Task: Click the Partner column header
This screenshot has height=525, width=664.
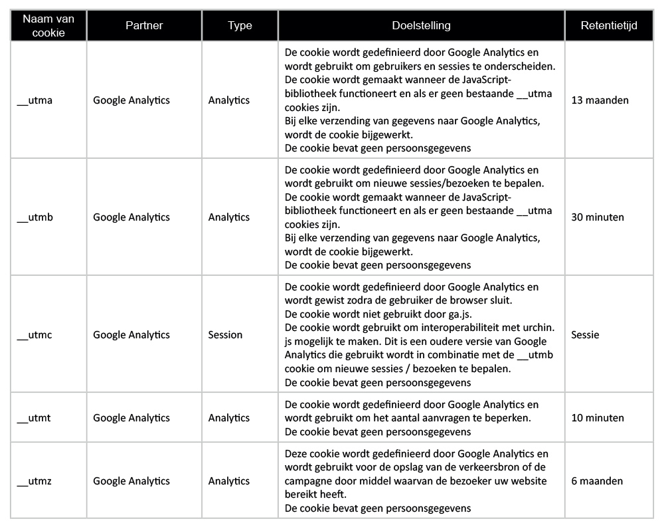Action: pyautogui.click(x=144, y=26)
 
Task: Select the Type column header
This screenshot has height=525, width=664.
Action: pyautogui.click(x=240, y=26)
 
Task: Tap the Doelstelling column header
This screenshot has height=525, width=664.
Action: pyautogui.click(x=421, y=26)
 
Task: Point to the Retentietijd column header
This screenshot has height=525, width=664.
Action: pyautogui.click(x=608, y=26)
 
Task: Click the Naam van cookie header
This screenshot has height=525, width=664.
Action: pyautogui.click(x=48, y=26)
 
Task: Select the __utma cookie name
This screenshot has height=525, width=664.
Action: pyautogui.click(x=35, y=100)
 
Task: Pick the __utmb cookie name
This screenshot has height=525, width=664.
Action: pyautogui.click(x=35, y=217)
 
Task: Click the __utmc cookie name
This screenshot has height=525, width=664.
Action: pyautogui.click(x=35, y=335)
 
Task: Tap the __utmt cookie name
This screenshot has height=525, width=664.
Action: pyautogui.click(x=35, y=418)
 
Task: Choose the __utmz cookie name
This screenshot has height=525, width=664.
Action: pyautogui.click(x=35, y=481)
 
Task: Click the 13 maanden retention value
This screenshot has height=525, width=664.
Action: pyautogui.click(x=600, y=100)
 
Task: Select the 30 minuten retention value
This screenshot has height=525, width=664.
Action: pyautogui.click(x=598, y=217)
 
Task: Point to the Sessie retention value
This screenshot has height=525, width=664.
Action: pyautogui.click(x=585, y=335)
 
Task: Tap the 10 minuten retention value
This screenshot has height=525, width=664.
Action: pyautogui.click(x=598, y=418)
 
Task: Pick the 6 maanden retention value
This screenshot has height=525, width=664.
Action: pyautogui.click(x=597, y=481)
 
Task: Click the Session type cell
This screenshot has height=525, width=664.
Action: pyautogui.click(x=225, y=335)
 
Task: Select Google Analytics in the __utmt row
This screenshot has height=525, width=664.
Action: pyautogui.click(x=131, y=418)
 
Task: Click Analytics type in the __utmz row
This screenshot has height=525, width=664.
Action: pyautogui.click(x=229, y=481)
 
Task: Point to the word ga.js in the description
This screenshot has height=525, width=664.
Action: pyautogui.click(x=458, y=314)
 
